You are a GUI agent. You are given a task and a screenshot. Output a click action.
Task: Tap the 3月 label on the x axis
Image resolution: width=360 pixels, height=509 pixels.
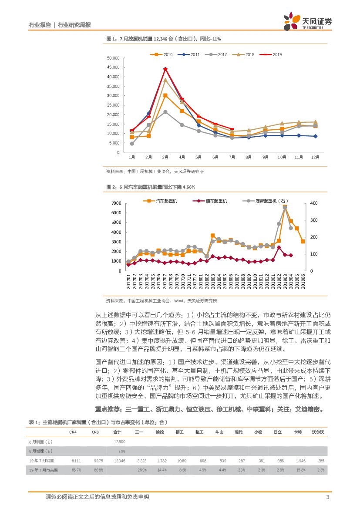click(165, 157)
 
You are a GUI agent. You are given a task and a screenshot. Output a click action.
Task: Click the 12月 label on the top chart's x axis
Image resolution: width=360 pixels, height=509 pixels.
click(315, 157)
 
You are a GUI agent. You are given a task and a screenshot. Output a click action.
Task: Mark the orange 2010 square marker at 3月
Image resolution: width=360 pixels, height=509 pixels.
click(165, 95)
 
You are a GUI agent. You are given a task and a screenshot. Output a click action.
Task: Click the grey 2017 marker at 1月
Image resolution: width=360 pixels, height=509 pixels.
click(132, 144)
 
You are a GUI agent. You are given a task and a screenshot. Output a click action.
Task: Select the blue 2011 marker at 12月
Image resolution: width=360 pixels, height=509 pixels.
click(315, 136)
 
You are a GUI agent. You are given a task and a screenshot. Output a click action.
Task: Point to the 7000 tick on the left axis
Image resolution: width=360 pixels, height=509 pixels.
click(116, 203)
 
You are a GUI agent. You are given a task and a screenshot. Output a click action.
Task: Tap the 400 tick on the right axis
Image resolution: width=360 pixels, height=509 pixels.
click(314, 203)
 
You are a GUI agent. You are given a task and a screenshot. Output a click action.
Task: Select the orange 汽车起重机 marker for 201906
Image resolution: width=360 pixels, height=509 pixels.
click(303, 241)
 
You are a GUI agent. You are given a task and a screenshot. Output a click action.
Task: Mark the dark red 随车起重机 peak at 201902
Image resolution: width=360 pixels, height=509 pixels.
click(279, 247)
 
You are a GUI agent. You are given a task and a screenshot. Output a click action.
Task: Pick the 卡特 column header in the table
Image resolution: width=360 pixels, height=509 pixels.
click(298, 432)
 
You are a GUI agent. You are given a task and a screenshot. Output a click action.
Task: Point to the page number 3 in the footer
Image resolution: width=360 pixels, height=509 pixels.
click(327, 497)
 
